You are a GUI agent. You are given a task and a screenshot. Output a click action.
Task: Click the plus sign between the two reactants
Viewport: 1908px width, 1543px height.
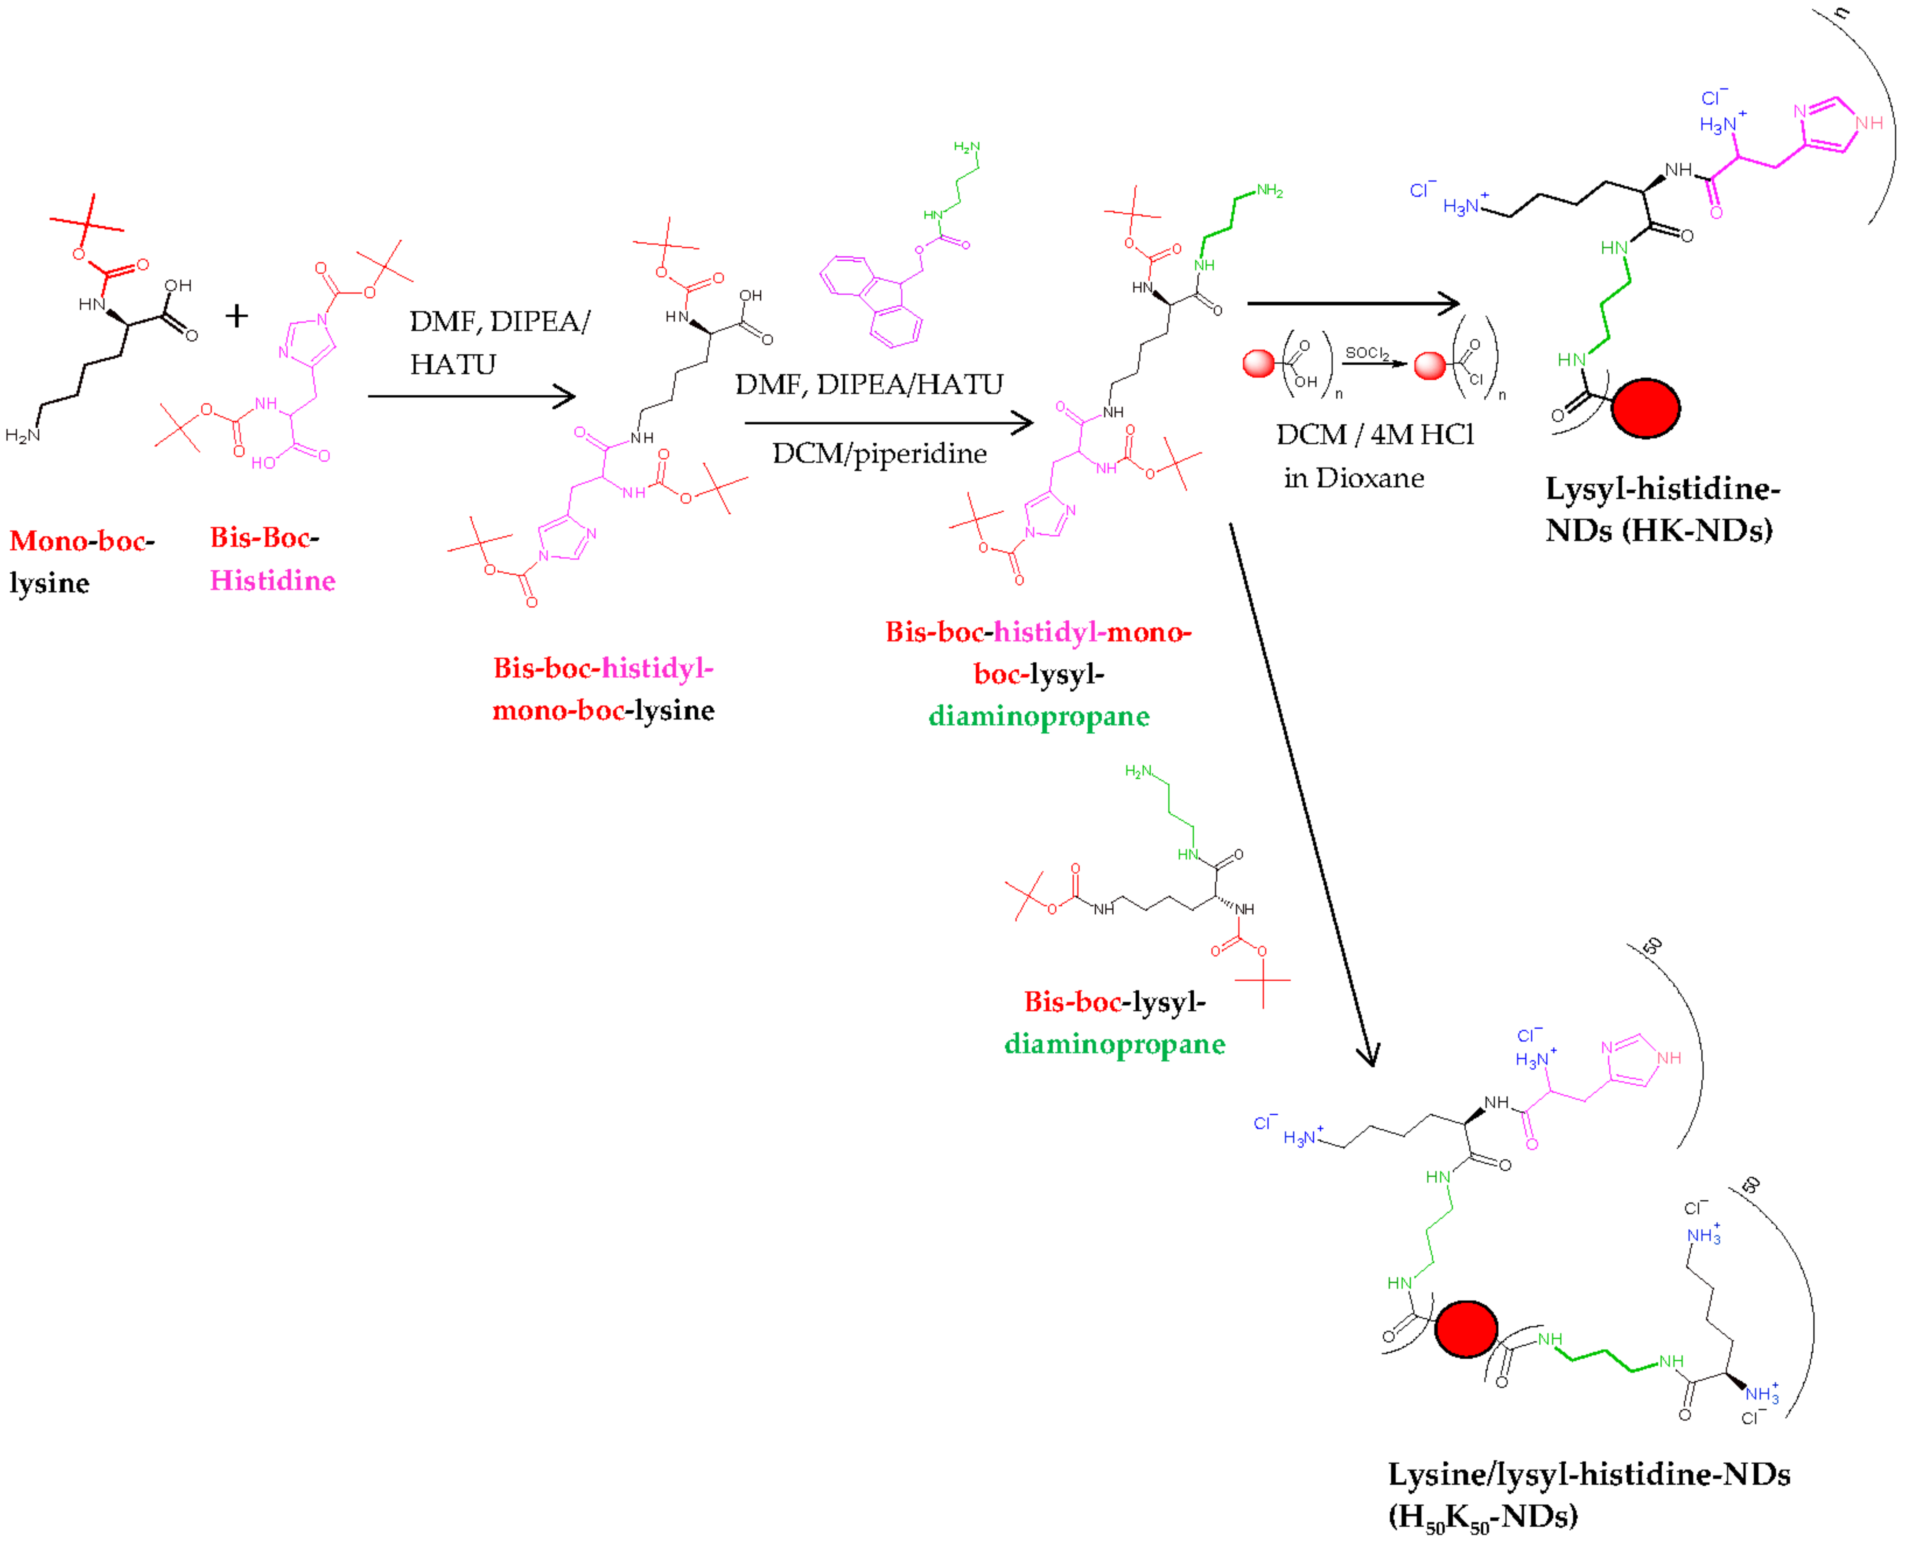pyautogui.click(x=237, y=315)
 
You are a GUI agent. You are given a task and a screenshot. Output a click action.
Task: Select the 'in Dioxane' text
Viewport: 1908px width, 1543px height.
pyautogui.click(x=1353, y=478)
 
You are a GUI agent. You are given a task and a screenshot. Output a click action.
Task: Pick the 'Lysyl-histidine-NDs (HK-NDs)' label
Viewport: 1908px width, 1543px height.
pyautogui.click(x=1660, y=509)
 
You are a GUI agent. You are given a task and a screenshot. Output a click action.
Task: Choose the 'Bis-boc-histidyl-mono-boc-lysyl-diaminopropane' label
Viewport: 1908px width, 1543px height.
pyautogui.click(x=1038, y=674)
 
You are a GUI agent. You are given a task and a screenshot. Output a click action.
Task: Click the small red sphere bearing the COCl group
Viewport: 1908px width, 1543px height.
pyautogui.click(x=1430, y=365)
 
